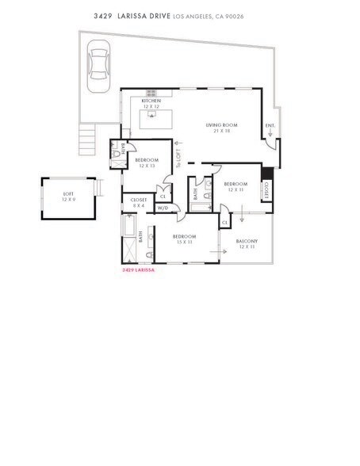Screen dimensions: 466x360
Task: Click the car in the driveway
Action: point(99,63)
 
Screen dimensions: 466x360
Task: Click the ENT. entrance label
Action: point(270,126)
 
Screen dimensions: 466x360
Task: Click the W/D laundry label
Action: point(163,208)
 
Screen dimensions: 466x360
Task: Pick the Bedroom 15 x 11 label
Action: point(184,239)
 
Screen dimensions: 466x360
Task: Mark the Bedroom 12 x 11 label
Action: point(237,187)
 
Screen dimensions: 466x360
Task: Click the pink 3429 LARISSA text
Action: point(138,269)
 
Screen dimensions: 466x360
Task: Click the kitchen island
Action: point(156,120)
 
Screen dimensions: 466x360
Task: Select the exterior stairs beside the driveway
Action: point(87,141)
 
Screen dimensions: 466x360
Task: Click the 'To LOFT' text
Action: point(180,160)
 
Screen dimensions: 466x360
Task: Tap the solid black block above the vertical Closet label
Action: point(266,174)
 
